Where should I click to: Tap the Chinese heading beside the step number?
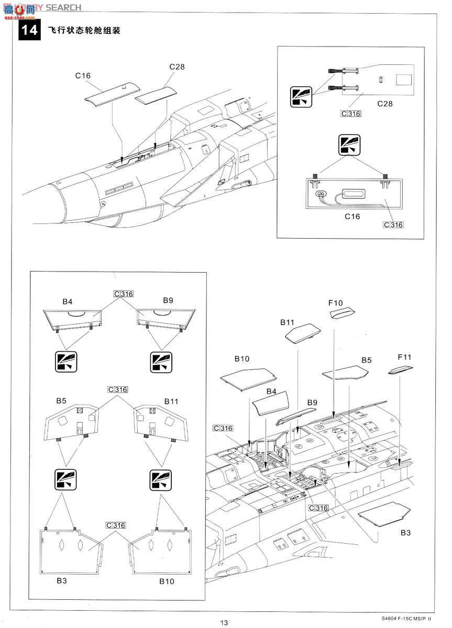coord(84,30)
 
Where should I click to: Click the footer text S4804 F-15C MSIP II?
coord(404,618)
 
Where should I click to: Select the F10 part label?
coord(335,302)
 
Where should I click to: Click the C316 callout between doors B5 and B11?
coord(117,389)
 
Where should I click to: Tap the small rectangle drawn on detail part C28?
coord(404,80)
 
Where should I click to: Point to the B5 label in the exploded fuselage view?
coord(366,361)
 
